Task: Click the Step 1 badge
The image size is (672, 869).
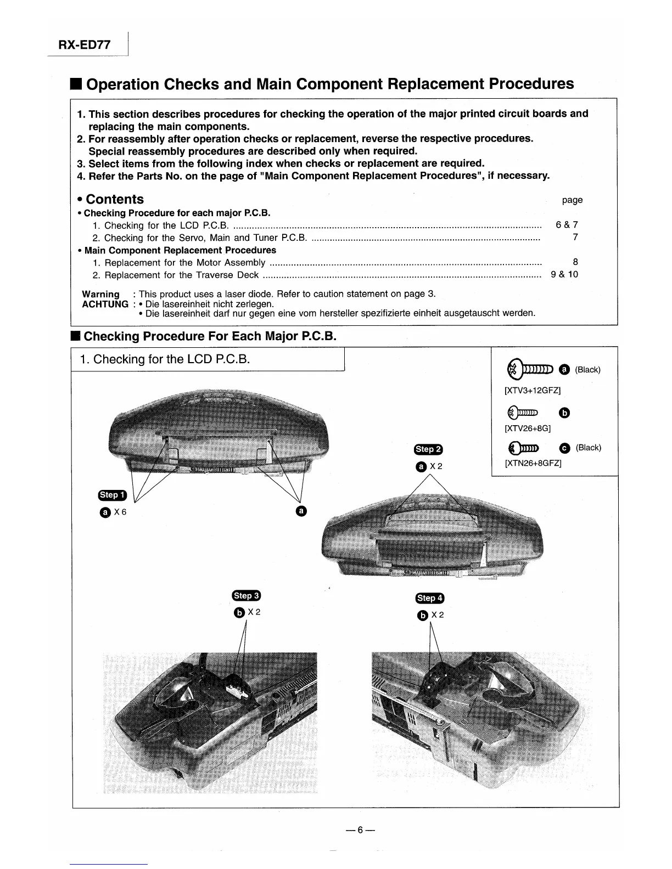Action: coord(112,495)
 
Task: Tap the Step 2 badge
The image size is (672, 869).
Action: coord(428,449)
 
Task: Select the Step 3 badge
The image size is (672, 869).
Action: coord(247,596)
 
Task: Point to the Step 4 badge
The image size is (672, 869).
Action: coord(430,598)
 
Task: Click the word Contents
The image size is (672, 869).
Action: coord(115,199)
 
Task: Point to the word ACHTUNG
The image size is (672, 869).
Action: coord(105,304)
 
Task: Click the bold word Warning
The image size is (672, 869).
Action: coord(100,294)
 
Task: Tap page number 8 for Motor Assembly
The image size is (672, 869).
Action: coord(575,262)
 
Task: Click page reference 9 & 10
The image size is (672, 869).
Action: coord(564,274)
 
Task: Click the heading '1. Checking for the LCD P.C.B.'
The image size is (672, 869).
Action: coord(165,359)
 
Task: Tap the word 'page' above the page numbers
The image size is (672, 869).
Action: coord(572,200)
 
